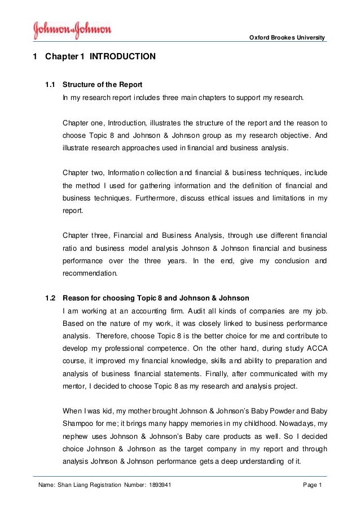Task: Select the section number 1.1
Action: pyautogui.click(x=50, y=86)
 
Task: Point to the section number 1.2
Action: pyautogui.click(x=50, y=298)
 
